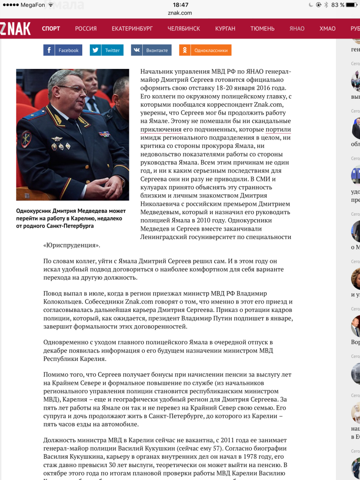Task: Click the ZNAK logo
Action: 16,28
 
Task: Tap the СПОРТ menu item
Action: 51,28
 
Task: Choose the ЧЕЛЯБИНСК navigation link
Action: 184,28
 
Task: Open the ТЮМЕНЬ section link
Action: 262,28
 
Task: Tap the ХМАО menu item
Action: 328,28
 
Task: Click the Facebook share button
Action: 61,50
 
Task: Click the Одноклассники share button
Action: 205,50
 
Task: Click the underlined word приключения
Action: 161,129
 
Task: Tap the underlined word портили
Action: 278,129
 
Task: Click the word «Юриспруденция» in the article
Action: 72,245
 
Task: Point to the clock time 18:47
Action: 180,5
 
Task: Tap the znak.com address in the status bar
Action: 180,13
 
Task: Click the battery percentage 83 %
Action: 338,5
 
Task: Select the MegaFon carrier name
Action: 32,5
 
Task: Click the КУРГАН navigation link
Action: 225,28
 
